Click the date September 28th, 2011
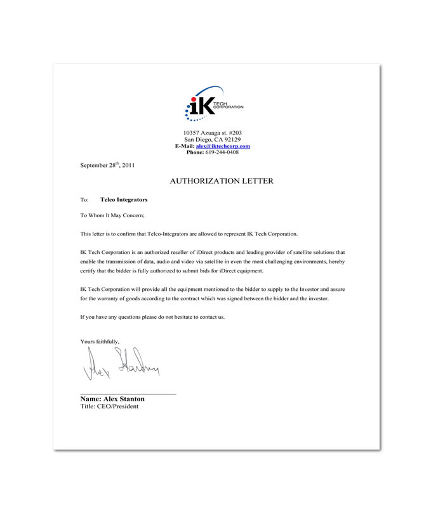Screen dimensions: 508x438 coord(107,164)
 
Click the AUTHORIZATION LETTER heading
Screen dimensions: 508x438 coord(222,181)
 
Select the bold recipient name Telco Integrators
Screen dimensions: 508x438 coord(124,199)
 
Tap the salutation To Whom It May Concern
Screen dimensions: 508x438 coord(112,216)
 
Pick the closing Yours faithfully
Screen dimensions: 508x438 coord(100,342)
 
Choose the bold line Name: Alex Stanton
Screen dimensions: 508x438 coord(112,399)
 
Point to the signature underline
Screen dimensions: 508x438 coord(128,394)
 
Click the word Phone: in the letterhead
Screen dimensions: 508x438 coord(195,152)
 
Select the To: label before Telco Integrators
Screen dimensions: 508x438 coord(84,199)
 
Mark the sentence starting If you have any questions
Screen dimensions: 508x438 coord(152,316)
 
